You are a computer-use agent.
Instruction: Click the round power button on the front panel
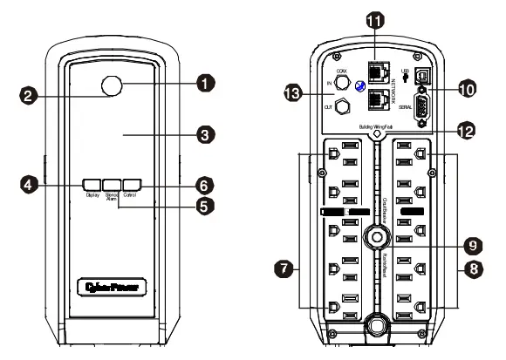pos(111,85)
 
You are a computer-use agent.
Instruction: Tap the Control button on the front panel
pos(131,184)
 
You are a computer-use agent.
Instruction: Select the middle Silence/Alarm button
pos(111,184)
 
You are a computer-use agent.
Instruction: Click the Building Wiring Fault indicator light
pos(376,135)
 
